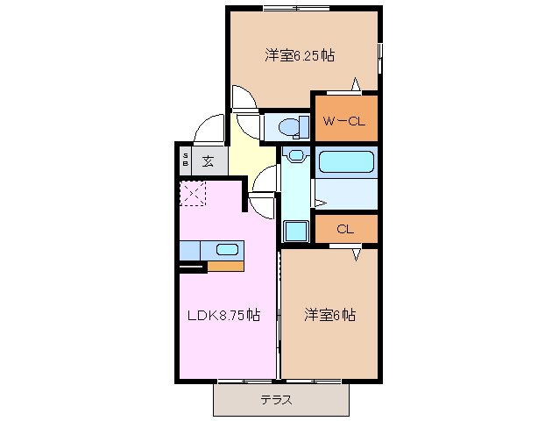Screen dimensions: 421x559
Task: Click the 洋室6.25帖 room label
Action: click(300, 55)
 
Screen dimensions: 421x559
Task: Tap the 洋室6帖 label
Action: click(329, 314)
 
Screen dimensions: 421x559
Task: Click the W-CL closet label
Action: click(343, 120)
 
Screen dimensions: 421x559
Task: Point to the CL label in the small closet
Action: click(344, 229)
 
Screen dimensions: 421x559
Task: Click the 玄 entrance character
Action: click(209, 161)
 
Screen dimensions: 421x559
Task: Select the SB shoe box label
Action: click(186, 161)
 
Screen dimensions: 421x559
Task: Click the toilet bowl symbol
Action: click(289, 128)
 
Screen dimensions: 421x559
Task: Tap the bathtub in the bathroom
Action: click(345, 161)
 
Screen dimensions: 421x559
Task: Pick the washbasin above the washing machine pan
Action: click(296, 156)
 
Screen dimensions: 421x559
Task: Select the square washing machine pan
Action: click(296, 231)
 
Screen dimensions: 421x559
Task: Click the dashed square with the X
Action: click(192, 193)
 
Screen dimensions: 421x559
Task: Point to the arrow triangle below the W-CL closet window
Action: click(357, 84)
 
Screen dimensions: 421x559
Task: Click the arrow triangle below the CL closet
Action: click(357, 254)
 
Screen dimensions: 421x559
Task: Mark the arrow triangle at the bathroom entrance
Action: click(320, 203)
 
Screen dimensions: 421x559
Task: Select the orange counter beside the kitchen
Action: click(225, 266)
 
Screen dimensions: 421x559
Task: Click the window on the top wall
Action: click(296, 8)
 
